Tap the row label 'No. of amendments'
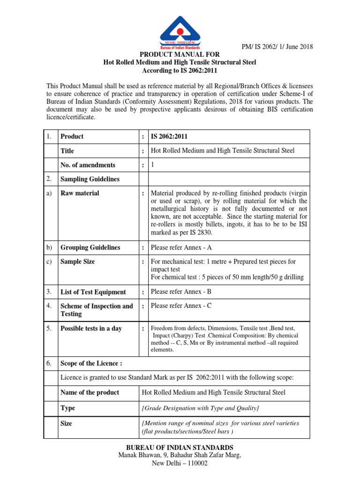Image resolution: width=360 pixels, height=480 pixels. tap(88, 165)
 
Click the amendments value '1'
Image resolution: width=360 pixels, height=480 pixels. tap(152, 165)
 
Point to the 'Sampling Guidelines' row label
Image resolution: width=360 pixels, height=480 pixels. tap(90, 179)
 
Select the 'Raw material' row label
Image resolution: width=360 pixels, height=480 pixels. tap(80, 193)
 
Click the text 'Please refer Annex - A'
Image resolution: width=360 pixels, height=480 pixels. tap(182, 247)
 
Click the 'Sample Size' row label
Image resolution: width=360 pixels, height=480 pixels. tap(78, 262)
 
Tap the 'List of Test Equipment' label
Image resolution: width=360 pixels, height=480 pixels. tap(93, 292)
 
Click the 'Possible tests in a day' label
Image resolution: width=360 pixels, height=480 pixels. tap(91, 329)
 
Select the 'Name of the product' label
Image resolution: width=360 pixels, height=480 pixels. tap(90, 392)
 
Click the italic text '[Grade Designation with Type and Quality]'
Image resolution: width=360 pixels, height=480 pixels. tap(200, 408)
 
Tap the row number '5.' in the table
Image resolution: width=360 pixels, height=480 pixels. tap(49, 329)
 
